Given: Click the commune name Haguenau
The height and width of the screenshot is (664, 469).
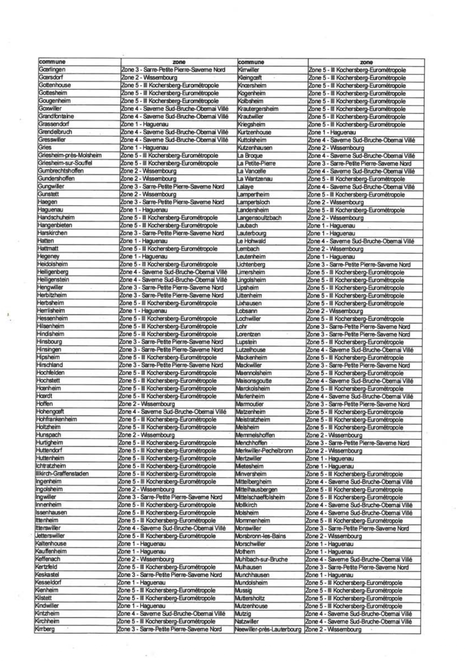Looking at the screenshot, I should (x=50, y=210).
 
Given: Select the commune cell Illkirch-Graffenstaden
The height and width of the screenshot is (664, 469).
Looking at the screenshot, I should (x=62, y=474).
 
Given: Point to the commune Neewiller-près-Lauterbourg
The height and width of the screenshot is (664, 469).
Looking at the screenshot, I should (x=268, y=630).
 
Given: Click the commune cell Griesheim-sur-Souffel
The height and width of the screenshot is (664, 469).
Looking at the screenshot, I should (x=65, y=163).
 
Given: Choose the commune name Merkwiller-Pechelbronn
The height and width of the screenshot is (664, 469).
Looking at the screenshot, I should (x=264, y=451).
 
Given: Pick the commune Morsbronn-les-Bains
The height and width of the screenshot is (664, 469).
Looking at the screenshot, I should (x=261, y=536).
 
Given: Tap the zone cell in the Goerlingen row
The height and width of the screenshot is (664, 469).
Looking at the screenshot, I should (x=173, y=70).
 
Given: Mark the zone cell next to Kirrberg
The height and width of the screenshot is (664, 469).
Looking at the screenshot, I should (x=169, y=629).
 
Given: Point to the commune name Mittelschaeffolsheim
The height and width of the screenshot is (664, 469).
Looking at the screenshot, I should (x=260, y=497).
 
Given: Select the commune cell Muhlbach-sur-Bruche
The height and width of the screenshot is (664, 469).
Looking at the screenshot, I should (x=261, y=559).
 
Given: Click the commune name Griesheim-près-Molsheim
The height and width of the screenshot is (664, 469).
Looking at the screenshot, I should (x=70, y=156).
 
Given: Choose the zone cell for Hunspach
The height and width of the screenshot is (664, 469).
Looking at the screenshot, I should (x=147, y=435).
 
